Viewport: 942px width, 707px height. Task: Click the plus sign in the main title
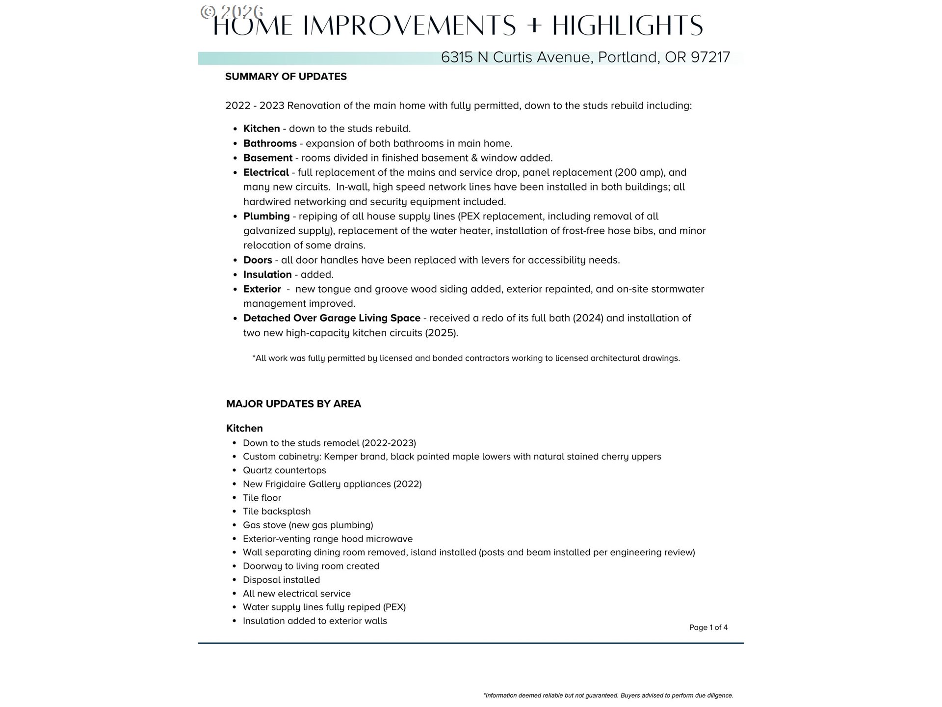pos(534,26)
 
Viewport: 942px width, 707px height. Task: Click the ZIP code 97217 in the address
pos(710,57)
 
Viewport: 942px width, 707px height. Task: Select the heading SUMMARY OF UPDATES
pos(286,77)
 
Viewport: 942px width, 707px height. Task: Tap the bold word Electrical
pos(266,172)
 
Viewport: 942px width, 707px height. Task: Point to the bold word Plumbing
pos(266,217)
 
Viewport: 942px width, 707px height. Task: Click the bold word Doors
pos(258,260)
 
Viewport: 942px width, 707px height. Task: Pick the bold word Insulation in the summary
pos(267,274)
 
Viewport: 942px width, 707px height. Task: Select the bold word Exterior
pos(262,289)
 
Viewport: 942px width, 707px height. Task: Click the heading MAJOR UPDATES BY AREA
pos(293,404)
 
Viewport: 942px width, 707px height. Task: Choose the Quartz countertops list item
pos(284,470)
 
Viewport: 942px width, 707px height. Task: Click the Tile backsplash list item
pos(277,512)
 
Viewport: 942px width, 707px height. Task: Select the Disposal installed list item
pos(281,580)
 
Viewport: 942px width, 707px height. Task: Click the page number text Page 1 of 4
pos(708,627)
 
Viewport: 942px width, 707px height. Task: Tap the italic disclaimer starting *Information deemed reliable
pos(608,695)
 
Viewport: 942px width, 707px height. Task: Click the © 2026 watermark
pos(232,11)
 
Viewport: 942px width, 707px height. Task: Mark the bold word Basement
pos(267,158)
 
